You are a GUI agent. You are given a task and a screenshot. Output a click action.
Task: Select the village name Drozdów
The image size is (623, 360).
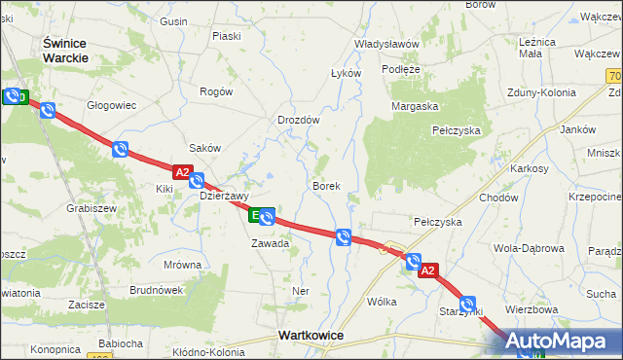298,120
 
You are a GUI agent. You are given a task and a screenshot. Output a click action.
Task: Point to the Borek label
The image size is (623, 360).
325,185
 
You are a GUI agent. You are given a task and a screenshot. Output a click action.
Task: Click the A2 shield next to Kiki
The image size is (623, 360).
183,170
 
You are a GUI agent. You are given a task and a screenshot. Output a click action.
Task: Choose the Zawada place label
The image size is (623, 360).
270,243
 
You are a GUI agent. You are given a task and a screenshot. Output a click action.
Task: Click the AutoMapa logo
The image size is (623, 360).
562,342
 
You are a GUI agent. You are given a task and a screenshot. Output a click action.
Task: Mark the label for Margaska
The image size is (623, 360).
416,105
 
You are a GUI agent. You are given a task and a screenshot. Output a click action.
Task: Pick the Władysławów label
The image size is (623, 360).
386,44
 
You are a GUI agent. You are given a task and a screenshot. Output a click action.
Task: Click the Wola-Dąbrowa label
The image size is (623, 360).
529,248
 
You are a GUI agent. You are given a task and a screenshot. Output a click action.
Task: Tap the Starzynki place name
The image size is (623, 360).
461,310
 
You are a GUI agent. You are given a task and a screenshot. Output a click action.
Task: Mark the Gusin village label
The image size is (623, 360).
173,21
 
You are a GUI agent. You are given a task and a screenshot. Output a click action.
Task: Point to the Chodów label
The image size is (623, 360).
497,198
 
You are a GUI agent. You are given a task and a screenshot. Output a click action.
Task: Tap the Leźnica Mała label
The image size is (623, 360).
537,49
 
